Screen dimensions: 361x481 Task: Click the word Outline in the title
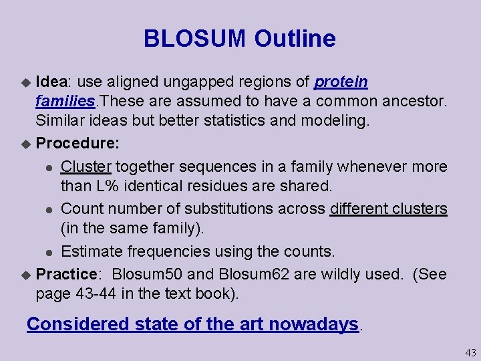295,39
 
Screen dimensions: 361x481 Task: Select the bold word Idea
51,82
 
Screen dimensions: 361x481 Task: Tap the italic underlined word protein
341,82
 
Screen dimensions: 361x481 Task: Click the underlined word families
65,102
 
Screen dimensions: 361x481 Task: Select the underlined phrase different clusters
388,209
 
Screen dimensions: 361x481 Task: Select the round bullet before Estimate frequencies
51,252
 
